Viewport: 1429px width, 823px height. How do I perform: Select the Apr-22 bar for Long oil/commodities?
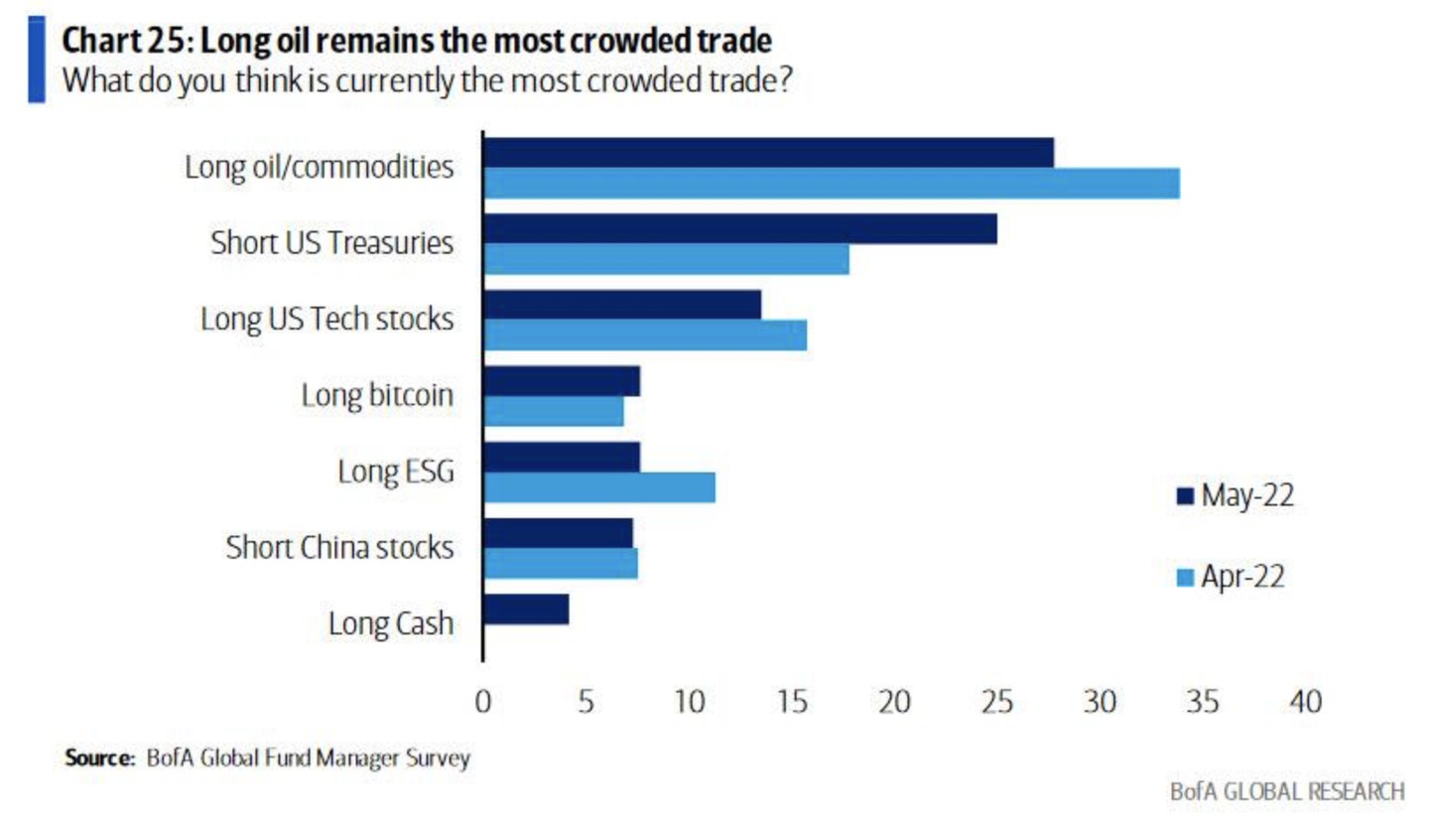point(831,184)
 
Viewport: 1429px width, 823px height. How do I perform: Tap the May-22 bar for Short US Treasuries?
point(739,229)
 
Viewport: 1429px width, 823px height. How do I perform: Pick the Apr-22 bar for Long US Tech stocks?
point(644,336)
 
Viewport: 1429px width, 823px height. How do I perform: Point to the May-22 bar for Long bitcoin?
point(561,381)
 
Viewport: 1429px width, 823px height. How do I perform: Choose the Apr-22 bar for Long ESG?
point(598,487)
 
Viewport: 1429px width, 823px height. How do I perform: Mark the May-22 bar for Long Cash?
point(525,610)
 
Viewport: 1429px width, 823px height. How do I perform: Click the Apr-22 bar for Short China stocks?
point(560,564)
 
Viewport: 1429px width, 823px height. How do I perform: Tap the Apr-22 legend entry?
point(1230,577)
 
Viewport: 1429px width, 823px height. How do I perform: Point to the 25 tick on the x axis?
point(996,703)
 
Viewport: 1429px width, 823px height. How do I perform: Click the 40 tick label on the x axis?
point(1305,703)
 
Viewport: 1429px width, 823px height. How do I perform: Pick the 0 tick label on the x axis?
point(483,703)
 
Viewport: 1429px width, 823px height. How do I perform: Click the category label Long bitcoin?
point(377,396)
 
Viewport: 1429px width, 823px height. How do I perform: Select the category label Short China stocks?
point(339,547)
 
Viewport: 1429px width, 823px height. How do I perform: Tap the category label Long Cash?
point(390,623)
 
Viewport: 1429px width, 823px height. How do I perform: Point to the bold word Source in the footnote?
point(98,758)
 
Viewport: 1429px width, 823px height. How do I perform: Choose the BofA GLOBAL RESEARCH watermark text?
point(1287,792)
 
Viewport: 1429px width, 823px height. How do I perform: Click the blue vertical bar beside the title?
point(36,59)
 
